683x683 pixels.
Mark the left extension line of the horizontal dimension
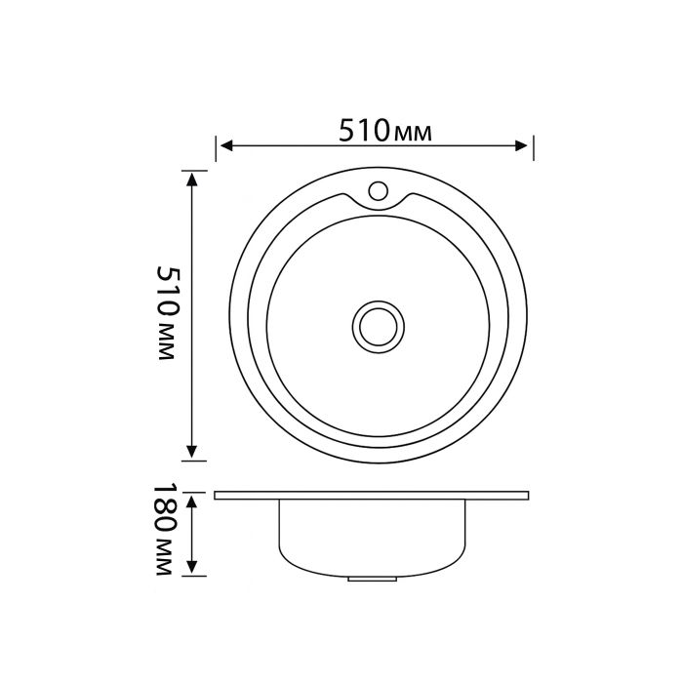[x=217, y=147]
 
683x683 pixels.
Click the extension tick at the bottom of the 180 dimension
[x=194, y=576]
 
